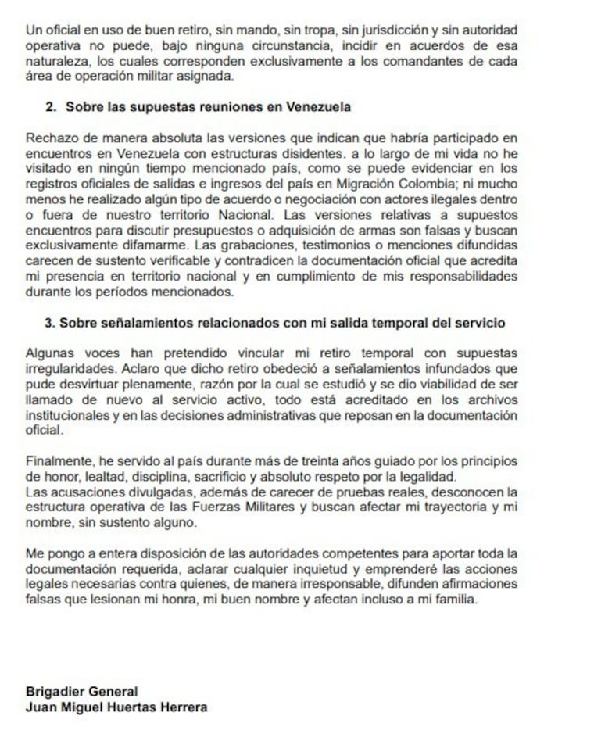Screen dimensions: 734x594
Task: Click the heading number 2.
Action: click(x=51, y=106)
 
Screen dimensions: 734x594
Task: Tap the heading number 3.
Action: click(x=51, y=322)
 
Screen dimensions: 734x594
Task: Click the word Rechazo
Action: click(x=48, y=138)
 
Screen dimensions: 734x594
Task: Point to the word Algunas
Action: click(x=48, y=354)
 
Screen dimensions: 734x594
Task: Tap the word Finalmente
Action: click(x=57, y=460)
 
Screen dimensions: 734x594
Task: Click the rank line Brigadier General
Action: click(x=81, y=692)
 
